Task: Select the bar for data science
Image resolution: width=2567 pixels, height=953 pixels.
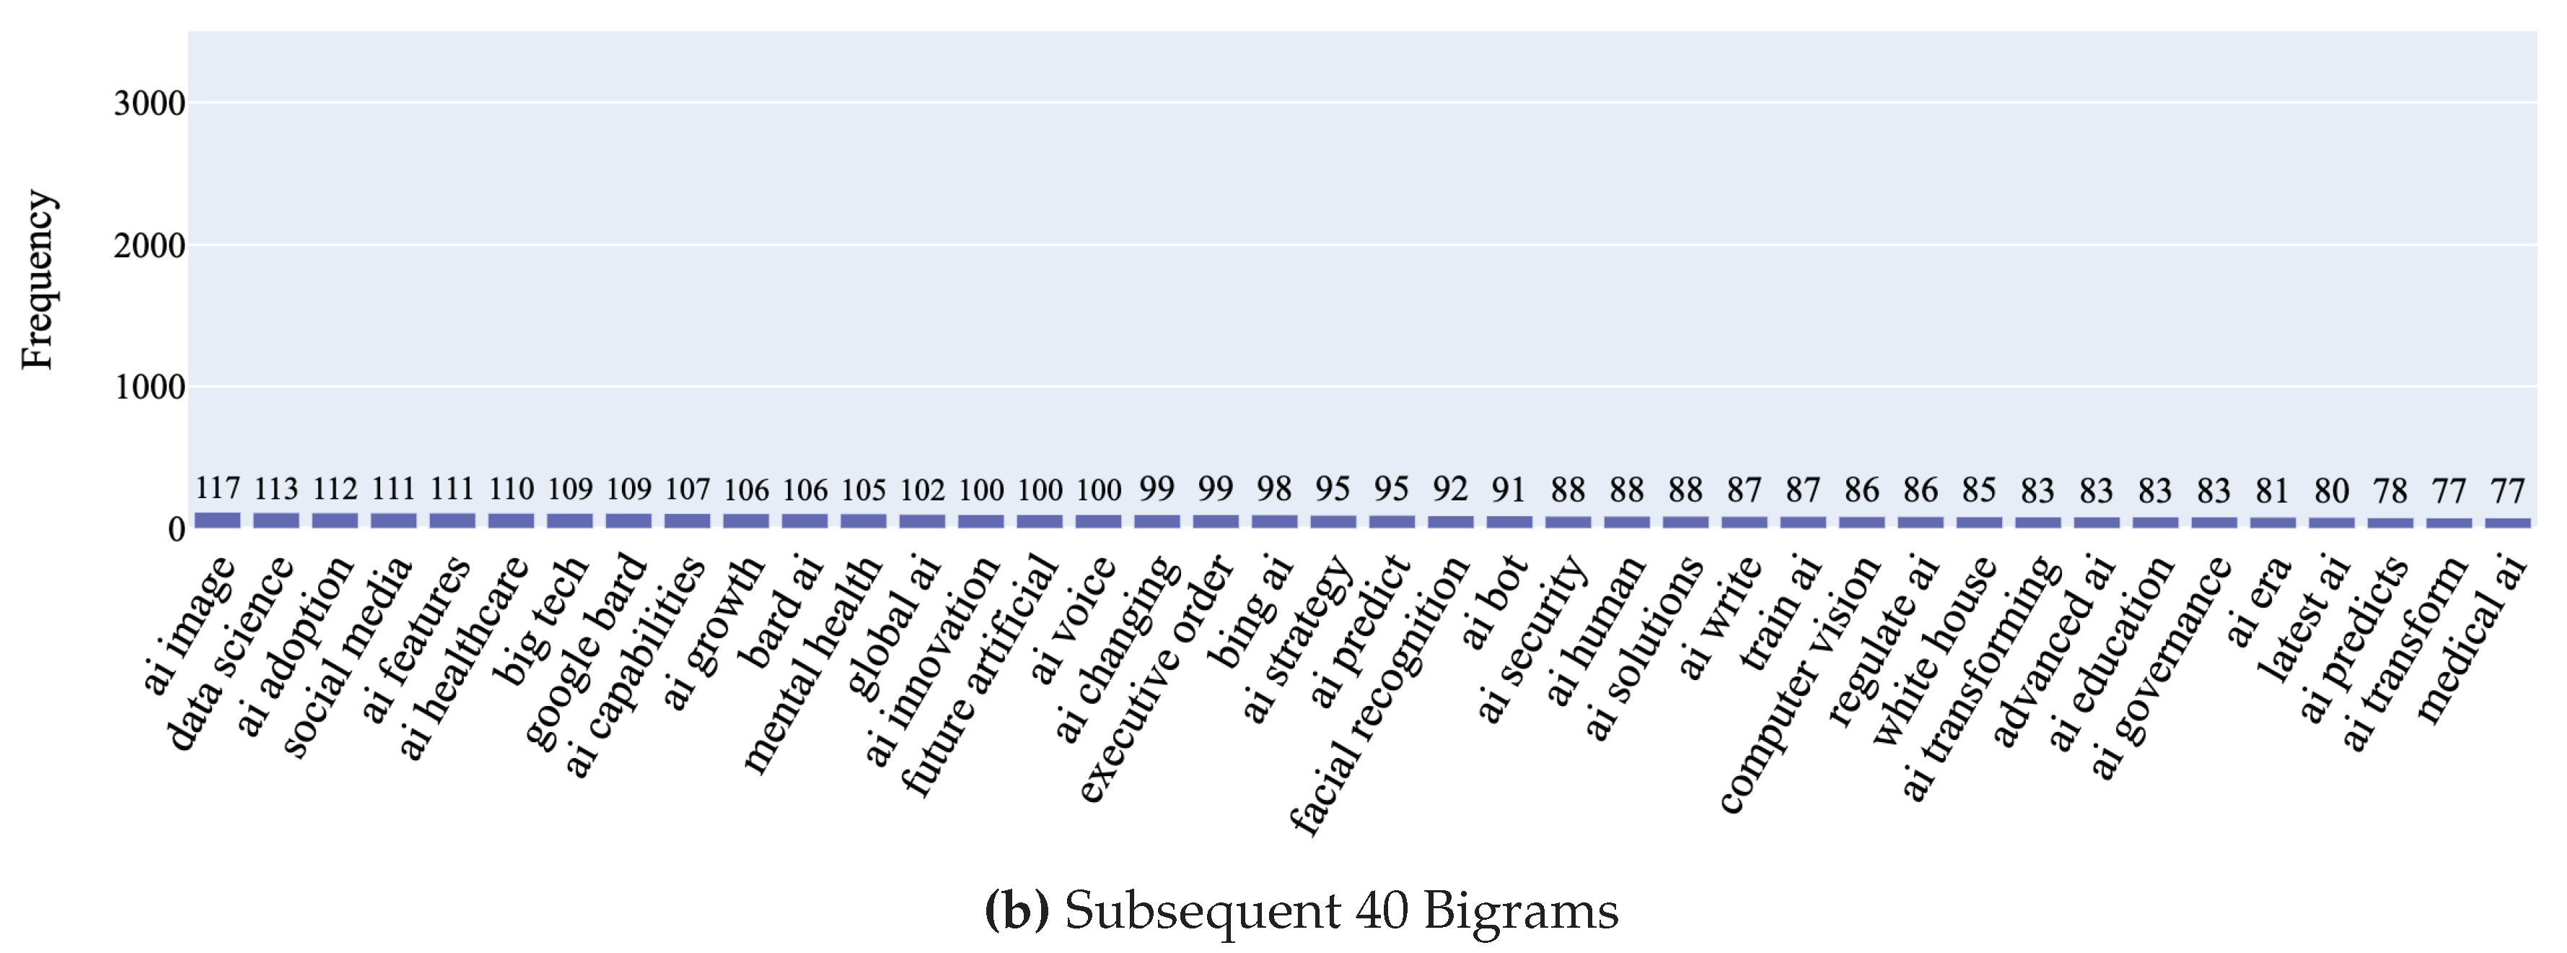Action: [x=276, y=521]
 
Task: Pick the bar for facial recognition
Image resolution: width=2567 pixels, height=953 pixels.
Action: [x=1450, y=521]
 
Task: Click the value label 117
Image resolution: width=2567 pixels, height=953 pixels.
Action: [x=217, y=489]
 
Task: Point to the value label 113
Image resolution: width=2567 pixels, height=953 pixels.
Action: [x=276, y=489]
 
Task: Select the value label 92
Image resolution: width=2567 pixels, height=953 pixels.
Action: [x=1450, y=489]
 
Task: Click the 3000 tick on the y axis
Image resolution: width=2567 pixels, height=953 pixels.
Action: [x=149, y=103]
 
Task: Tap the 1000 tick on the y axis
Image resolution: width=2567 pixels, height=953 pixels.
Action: [x=149, y=387]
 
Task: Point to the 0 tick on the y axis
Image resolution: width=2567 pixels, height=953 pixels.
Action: [x=175, y=528]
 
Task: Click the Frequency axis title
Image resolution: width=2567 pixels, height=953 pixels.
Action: [x=37, y=280]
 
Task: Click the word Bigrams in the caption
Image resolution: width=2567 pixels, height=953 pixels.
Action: [x=1519, y=910]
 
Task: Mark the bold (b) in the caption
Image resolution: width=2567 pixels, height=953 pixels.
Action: [x=1017, y=910]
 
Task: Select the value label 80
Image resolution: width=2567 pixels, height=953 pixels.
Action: [x=2331, y=490]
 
